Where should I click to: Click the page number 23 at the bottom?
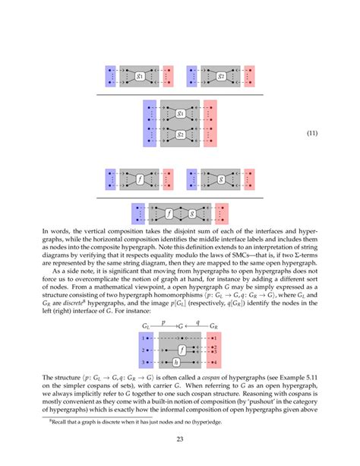pyautogui.click(x=180, y=440)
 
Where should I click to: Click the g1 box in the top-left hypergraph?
pyautogui.click(x=139, y=76)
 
